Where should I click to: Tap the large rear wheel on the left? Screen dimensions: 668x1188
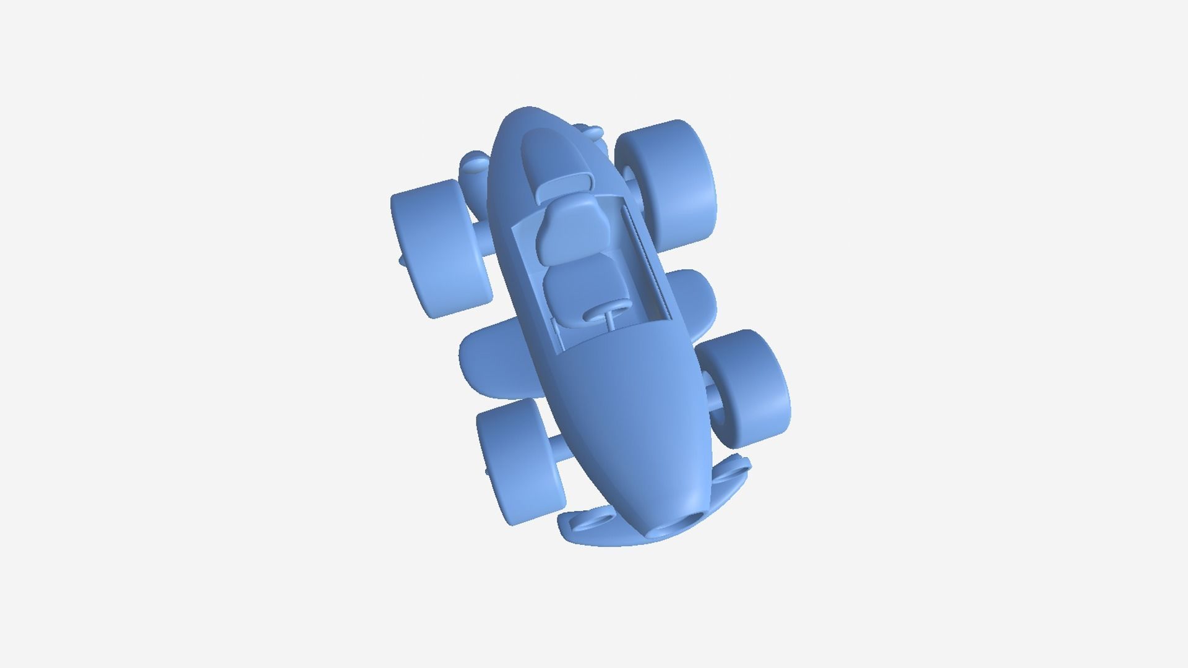[439, 247]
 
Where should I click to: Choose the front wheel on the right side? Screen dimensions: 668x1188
[752, 387]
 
